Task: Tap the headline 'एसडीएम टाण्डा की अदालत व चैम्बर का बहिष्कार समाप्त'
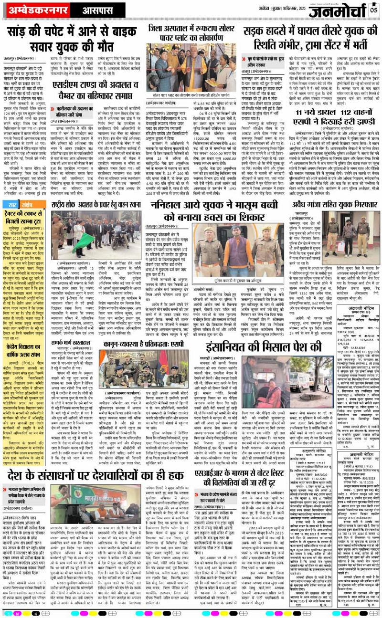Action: [96, 89]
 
